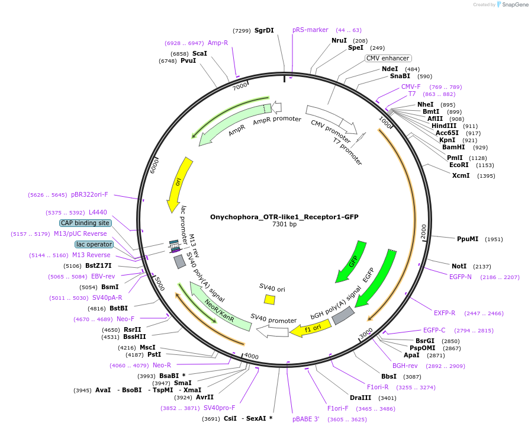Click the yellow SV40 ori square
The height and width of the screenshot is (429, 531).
pos(269,300)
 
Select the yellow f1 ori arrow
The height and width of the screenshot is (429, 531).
pos(311,329)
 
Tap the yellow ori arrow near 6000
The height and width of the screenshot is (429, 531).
pos(179,184)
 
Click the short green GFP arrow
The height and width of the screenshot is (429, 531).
pos(352,261)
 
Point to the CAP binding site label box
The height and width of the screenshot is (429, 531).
pos(85,223)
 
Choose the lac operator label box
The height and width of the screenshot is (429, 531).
pos(94,244)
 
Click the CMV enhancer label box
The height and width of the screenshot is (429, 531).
pos(388,58)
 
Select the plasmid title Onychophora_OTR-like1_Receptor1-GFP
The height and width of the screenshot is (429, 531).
pos(284,217)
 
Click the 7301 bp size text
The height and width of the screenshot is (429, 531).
pos(284,225)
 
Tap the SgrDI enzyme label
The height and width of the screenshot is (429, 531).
pos(264,30)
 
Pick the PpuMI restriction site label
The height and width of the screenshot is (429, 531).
pos(468,239)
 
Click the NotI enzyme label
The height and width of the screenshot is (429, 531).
pos(459,266)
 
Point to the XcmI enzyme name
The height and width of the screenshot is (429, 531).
pos(461,175)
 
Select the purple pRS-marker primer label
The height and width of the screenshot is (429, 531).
pos(310,30)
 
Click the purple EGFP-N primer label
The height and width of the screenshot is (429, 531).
pos(460,277)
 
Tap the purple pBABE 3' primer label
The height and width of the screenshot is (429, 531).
pos(306,419)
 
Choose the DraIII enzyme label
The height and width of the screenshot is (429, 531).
pos(361,398)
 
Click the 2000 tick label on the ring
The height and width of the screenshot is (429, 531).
pos(423,231)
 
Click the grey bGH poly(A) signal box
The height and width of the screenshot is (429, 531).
pos(343,315)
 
